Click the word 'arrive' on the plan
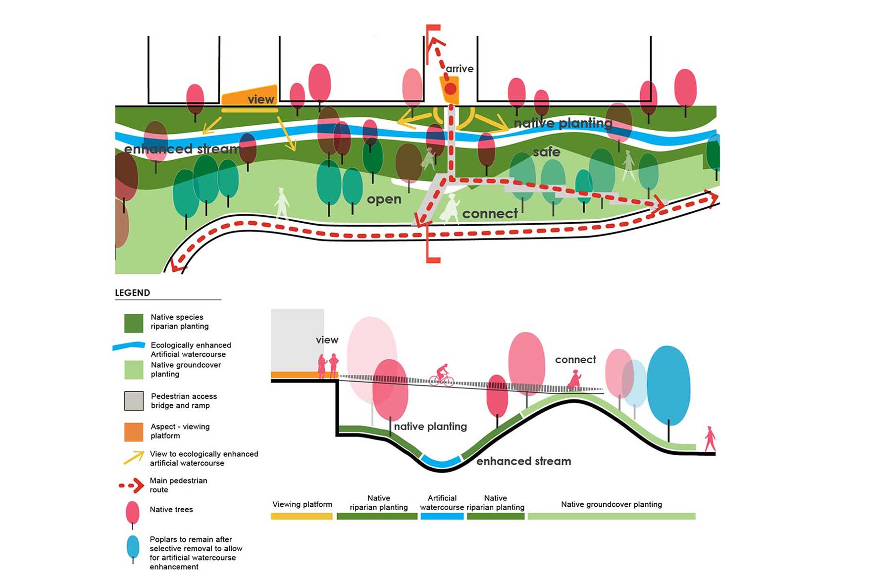point(460,69)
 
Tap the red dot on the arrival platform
point(450,90)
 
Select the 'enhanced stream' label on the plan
point(182,149)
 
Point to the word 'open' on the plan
point(384,199)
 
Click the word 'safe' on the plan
point(547,152)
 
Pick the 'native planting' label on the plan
point(563,123)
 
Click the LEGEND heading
point(132,293)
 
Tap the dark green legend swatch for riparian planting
point(134,323)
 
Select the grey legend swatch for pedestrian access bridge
point(134,401)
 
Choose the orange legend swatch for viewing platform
point(134,432)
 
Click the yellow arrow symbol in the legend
point(134,458)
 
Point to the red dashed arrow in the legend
point(132,486)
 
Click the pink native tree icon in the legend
point(133,513)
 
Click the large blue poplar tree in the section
point(668,386)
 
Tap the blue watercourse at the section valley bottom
point(441,463)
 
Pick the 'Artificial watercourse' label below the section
point(442,503)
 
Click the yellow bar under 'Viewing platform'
point(302,516)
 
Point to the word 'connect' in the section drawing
point(575,360)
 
